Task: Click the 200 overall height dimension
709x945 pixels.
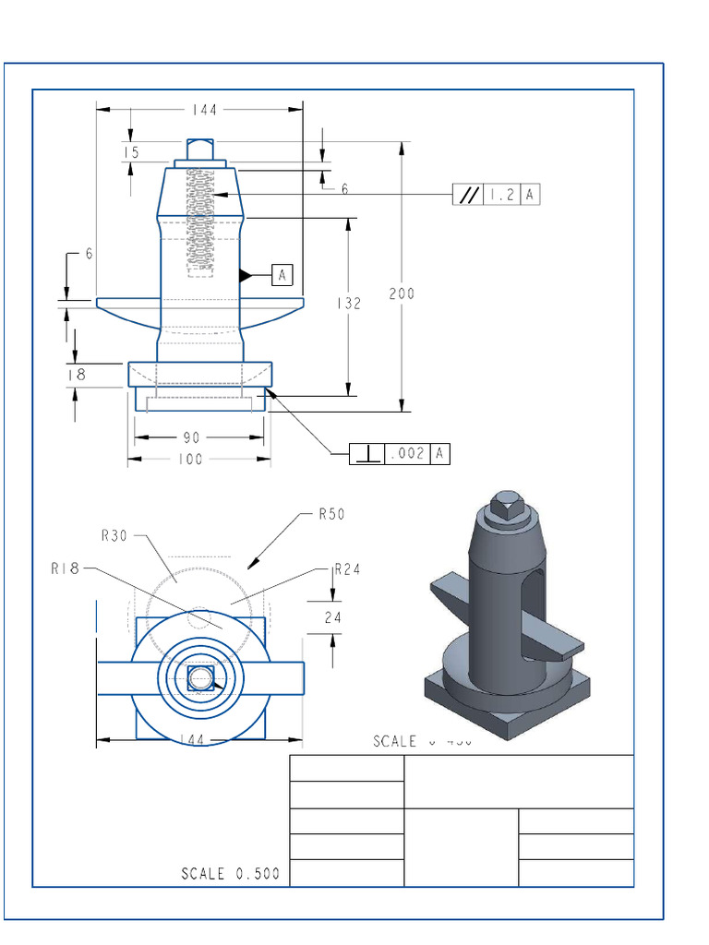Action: point(402,293)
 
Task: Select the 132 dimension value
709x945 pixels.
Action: point(348,303)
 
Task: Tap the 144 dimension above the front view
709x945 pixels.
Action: point(204,110)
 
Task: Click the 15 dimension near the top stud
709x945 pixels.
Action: point(131,152)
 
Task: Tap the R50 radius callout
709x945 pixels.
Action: point(330,514)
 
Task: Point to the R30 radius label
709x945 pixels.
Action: point(115,533)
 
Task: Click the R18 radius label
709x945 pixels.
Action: point(66,569)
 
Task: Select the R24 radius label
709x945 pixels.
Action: point(347,568)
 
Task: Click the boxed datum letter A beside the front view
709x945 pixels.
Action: point(282,274)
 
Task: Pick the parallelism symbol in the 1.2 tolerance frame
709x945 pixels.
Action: point(469,195)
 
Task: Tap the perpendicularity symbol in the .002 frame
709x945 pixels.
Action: point(367,453)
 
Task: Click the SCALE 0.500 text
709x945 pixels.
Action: point(230,874)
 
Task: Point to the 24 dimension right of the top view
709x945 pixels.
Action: point(332,617)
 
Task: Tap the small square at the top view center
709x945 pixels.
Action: point(200,679)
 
